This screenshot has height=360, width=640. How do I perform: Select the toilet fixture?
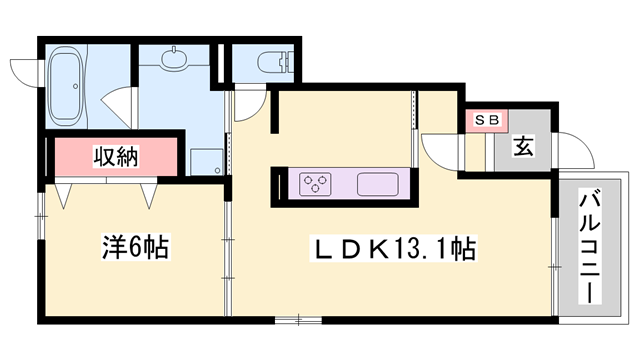point(270,62)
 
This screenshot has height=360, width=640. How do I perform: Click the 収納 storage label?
point(116,156)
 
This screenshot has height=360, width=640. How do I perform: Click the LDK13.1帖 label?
point(396,245)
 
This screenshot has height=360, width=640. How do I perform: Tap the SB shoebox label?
point(485,120)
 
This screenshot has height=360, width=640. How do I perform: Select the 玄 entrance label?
point(523,147)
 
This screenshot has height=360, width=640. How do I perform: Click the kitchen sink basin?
point(377,184)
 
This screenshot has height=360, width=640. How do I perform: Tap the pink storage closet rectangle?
point(116,157)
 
